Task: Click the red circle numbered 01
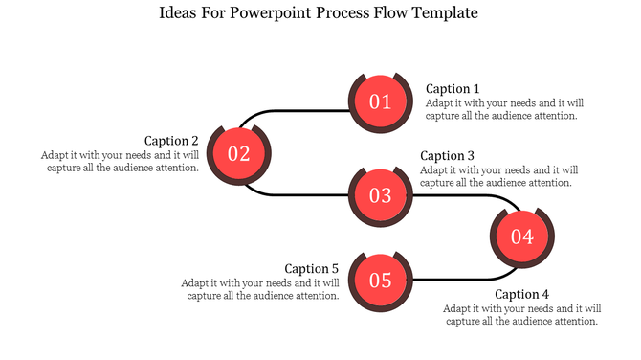381,101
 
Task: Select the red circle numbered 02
238,153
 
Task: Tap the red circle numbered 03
381,195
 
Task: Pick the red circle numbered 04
521,236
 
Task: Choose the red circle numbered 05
381,281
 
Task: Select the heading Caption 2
171,141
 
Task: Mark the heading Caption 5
312,269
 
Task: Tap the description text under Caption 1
502,109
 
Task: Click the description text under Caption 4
521,315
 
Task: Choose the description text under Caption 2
120,161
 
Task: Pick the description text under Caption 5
260,289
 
